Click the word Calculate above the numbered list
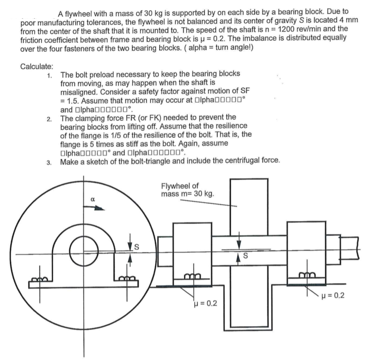(35, 66)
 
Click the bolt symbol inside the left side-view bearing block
(192, 275)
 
